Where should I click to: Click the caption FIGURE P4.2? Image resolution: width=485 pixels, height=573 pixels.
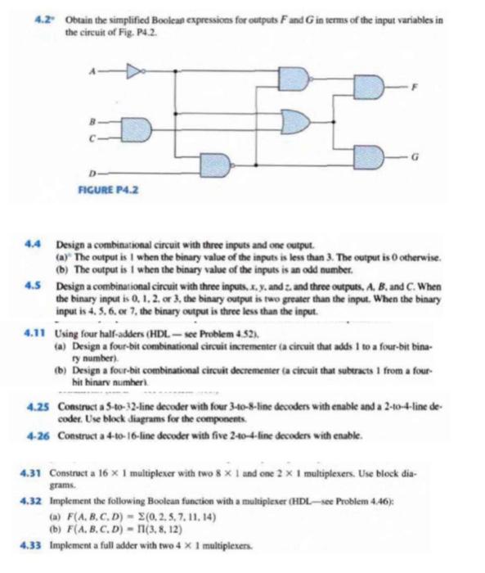pyautogui.click(x=103, y=187)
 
